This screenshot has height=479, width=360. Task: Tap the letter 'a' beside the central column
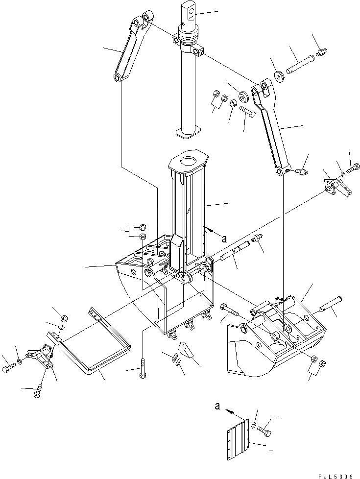(224, 239)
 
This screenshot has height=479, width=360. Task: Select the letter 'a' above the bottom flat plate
(216, 406)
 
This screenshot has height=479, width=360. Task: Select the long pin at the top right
(301, 64)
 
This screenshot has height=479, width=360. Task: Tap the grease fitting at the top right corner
(322, 50)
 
